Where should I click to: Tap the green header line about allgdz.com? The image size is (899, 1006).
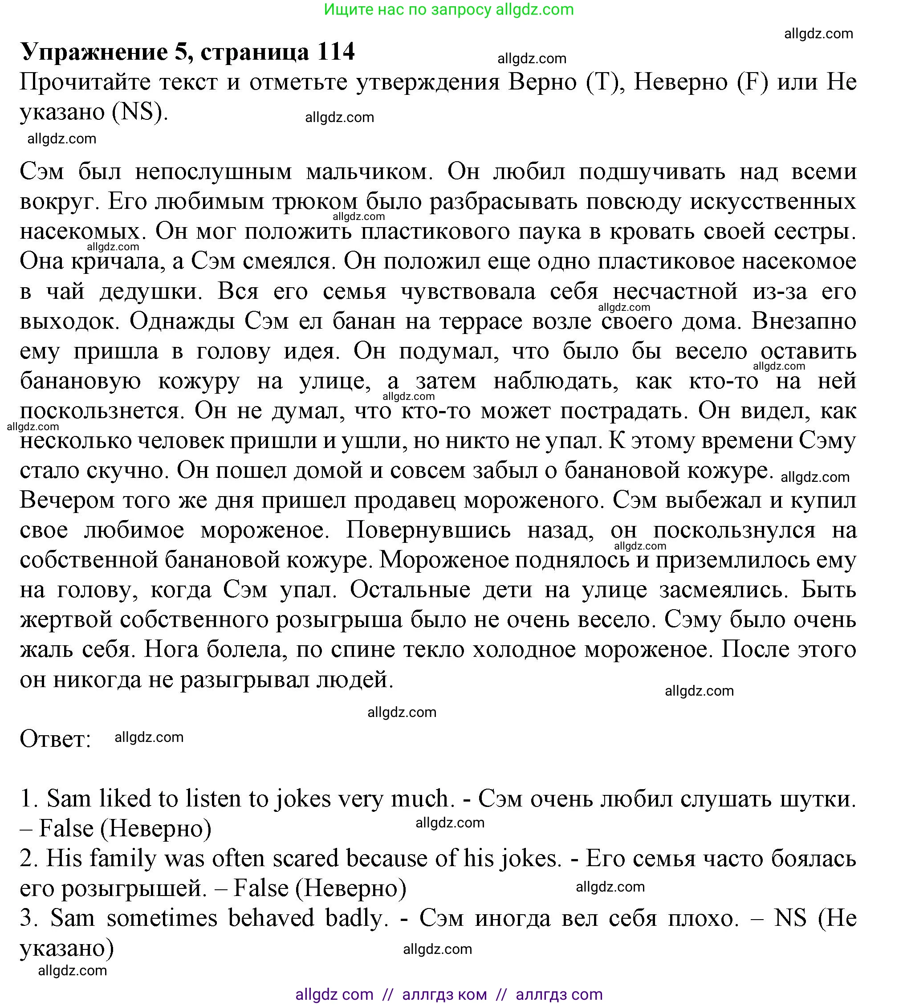click(x=448, y=9)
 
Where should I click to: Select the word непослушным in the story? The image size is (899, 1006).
click(x=213, y=171)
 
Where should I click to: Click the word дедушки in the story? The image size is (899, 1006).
click(x=151, y=292)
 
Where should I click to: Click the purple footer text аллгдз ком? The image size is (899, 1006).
click(x=444, y=994)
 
